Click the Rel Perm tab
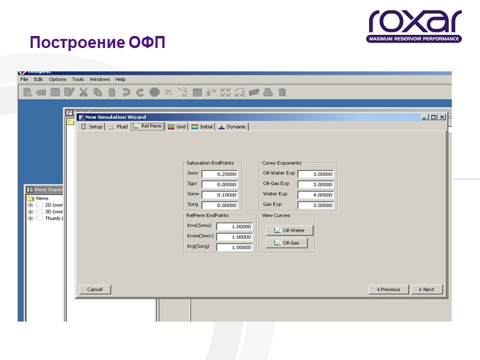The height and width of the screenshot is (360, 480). [x=148, y=127]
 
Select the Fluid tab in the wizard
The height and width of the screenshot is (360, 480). [x=118, y=127]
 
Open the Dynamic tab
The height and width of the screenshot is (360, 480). [x=232, y=127]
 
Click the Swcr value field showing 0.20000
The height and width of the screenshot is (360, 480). [x=220, y=174]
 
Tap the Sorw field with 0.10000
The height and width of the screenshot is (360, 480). [x=220, y=194]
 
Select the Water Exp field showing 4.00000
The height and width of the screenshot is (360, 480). [x=316, y=194]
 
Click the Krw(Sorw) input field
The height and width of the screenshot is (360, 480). [x=234, y=226]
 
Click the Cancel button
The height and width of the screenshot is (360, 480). [x=95, y=289]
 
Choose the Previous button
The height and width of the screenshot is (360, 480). [x=388, y=289]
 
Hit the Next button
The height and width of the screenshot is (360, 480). [x=427, y=289]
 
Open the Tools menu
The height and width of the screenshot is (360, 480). [x=78, y=79]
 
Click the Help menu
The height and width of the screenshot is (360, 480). [x=121, y=79]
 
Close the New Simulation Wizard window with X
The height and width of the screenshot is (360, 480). [x=442, y=117]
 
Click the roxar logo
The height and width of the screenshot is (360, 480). [x=415, y=27]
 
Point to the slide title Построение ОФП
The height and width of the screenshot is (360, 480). [x=97, y=43]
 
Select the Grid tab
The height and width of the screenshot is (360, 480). [x=177, y=127]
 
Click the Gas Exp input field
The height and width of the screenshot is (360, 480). [x=316, y=205]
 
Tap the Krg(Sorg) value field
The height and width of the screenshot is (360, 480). [x=234, y=247]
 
